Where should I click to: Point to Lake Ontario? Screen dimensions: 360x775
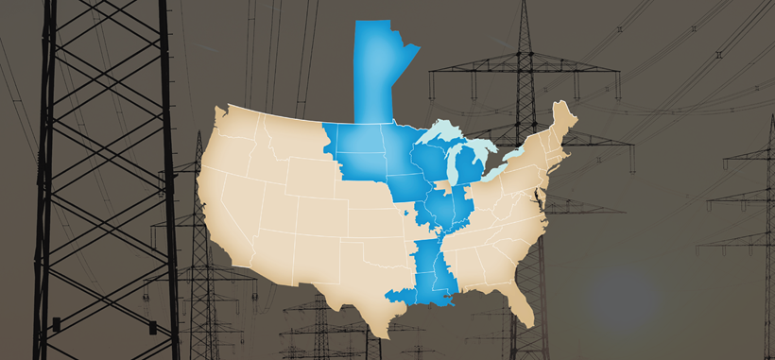(x=520, y=151)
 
